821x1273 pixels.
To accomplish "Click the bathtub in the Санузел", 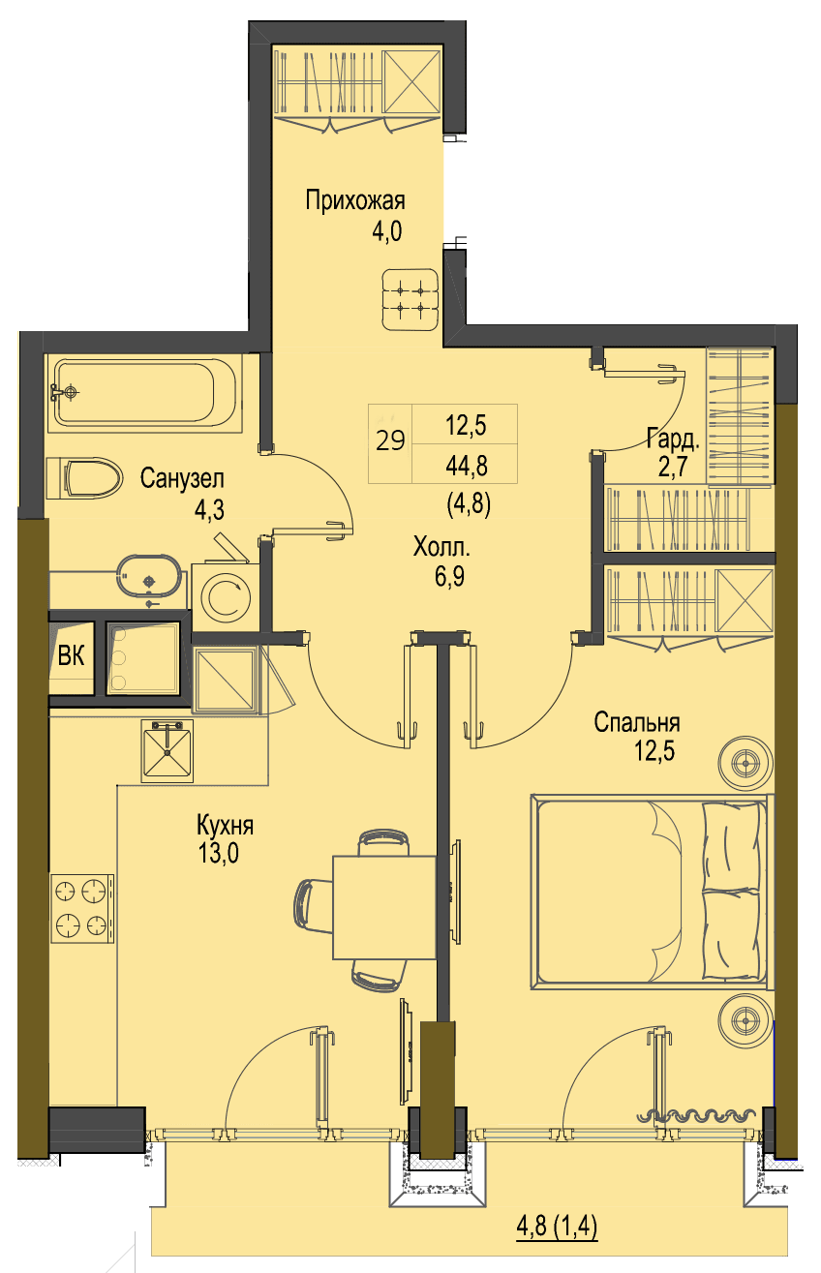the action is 145,393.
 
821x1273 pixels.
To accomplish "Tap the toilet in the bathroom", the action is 84,478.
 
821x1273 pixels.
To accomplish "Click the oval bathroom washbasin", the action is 149,576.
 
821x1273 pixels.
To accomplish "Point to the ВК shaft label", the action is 71,656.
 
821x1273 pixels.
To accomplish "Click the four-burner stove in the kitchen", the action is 82,908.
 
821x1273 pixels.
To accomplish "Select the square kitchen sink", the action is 167,751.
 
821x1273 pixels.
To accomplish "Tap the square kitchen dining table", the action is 384,908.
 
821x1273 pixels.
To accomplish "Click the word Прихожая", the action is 355,201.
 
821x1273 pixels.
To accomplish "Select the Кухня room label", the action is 225,825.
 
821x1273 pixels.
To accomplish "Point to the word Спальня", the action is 637,723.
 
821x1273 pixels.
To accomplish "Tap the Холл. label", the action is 441,547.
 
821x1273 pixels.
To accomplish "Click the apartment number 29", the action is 390,441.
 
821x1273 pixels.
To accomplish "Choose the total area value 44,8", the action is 467,466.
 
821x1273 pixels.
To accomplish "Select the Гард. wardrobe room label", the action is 673,439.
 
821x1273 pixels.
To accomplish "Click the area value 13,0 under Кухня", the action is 218,854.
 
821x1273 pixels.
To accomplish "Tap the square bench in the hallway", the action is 410,299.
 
